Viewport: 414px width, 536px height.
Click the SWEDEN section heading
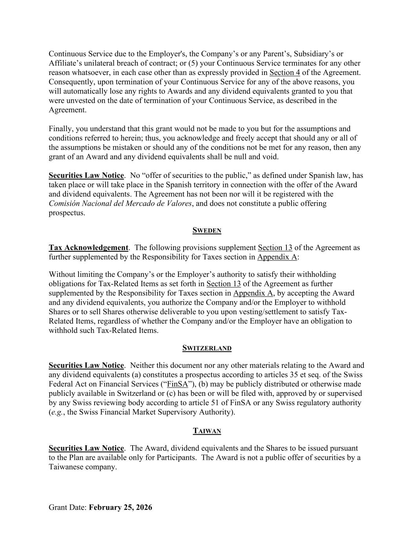(207, 230)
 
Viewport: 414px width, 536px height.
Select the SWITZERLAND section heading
(207, 348)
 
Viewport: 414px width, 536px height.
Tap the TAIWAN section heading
(207, 431)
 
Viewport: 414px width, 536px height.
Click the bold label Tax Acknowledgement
(88, 248)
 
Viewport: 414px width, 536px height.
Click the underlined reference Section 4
(285, 73)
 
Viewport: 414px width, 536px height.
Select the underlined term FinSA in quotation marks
(177, 384)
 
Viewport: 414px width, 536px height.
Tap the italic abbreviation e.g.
(56, 412)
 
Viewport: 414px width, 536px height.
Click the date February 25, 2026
(120, 507)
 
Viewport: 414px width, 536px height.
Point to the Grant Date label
(67, 507)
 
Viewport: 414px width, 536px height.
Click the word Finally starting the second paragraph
(60, 129)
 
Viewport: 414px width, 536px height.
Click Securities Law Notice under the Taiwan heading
(86, 448)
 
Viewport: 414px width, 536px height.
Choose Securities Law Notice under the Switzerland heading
(86, 366)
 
